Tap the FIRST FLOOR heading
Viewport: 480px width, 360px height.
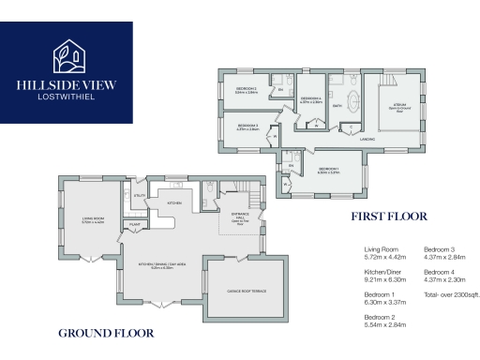pyautogui.click(x=383, y=215)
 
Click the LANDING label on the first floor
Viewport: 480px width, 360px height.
pyautogui.click(x=367, y=139)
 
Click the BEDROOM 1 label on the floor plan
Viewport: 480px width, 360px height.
pyautogui.click(x=329, y=170)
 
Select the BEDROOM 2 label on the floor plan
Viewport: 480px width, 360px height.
pyautogui.click(x=247, y=90)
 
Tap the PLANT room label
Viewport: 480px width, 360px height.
pyautogui.click(x=135, y=225)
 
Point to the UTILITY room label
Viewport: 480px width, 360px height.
pyautogui.click(x=138, y=196)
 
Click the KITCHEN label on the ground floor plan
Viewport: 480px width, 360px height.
pyautogui.click(x=174, y=202)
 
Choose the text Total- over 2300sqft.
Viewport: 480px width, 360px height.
pyautogui.click(x=451, y=294)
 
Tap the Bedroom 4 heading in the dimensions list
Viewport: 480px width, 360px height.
pyautogui.click(x=440, y=271)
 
